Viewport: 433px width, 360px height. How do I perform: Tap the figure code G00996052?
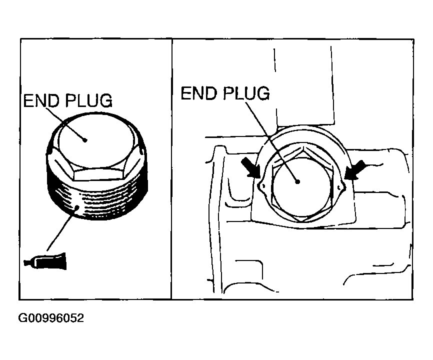click(50, 318)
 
